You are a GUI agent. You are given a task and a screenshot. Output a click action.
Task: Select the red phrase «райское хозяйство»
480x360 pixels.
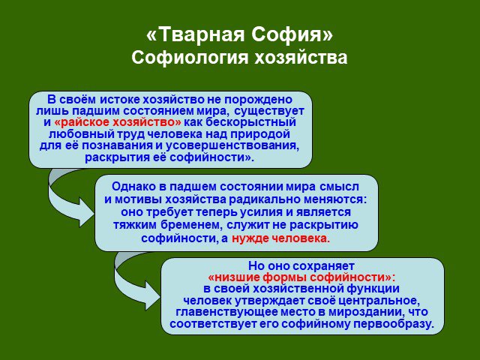click(x=118, y=122)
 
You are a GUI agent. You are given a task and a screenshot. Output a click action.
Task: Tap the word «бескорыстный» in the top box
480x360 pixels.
click(x=250, y=121)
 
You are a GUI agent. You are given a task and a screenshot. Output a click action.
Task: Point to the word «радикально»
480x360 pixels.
click(x=265, y=199)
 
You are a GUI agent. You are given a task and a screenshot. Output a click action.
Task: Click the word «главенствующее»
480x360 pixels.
click(x=225, y=312)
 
